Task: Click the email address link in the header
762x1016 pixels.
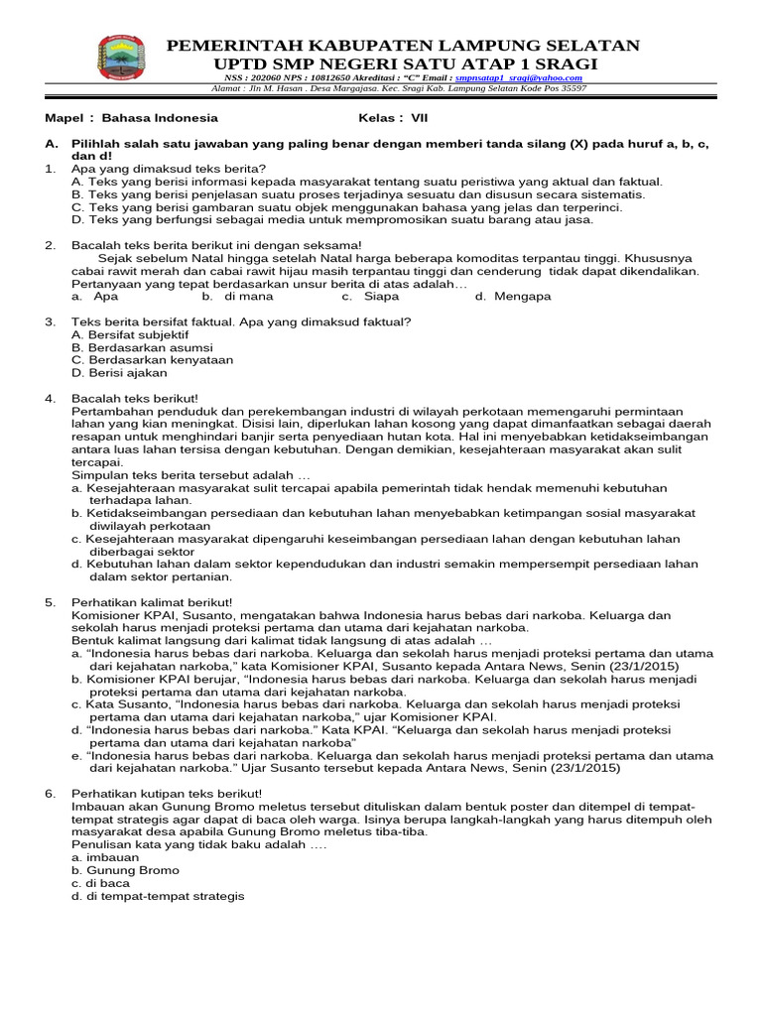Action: [518, 77]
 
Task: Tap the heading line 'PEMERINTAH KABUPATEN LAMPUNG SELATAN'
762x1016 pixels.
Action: [402, 46]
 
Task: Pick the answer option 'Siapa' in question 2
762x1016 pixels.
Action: [381, 296]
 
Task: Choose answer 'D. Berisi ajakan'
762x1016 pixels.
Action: [119, 373]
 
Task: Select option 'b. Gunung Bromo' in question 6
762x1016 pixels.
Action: [125, 870]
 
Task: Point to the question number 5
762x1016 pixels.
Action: [50, 601]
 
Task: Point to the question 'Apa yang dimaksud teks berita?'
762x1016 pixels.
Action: [169, 169]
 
